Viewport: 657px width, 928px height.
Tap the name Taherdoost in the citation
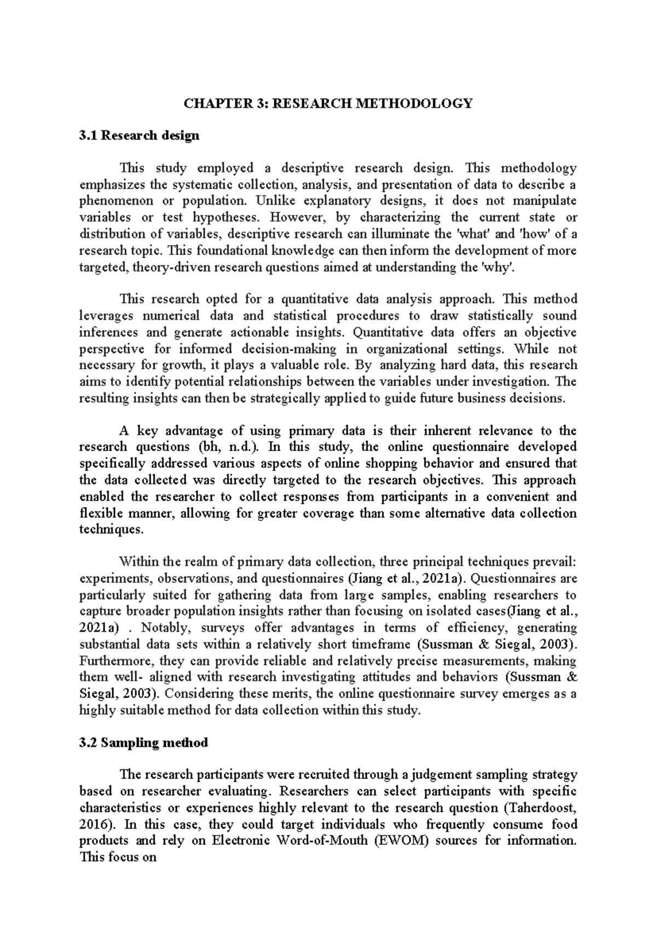539,808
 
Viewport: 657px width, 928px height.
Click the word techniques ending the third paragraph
111,530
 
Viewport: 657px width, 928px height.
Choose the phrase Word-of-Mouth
323,840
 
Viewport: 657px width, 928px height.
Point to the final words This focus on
118,857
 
